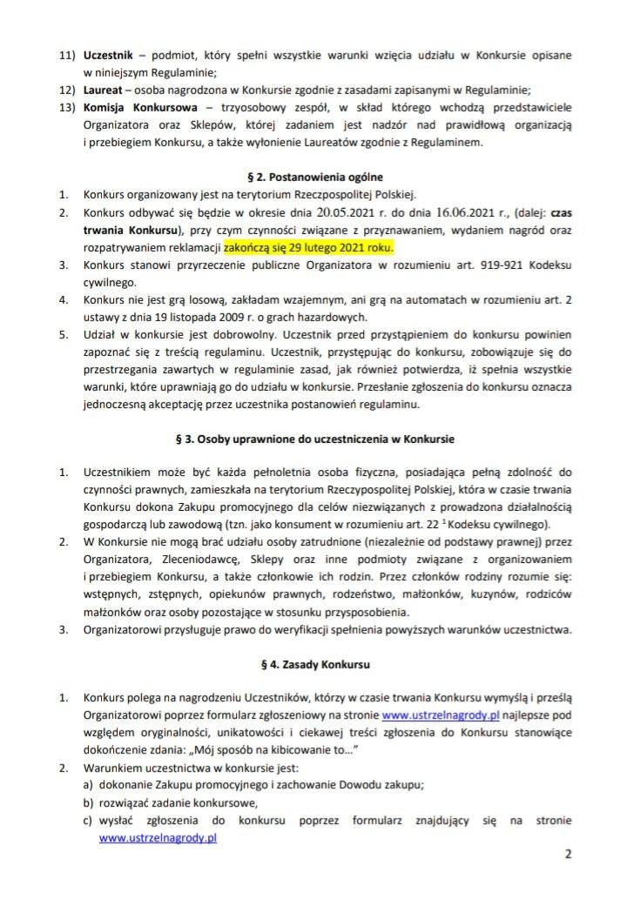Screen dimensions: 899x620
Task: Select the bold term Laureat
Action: (x=105, y=91)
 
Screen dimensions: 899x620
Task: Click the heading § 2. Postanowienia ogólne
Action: (x=310, y=177)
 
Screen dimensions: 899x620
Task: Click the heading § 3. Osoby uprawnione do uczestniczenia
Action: (x=310, y=436)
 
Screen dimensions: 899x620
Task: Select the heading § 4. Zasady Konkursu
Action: (x=310, y=665)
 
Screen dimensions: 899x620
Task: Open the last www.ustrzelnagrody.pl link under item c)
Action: (x=158, y=839)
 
